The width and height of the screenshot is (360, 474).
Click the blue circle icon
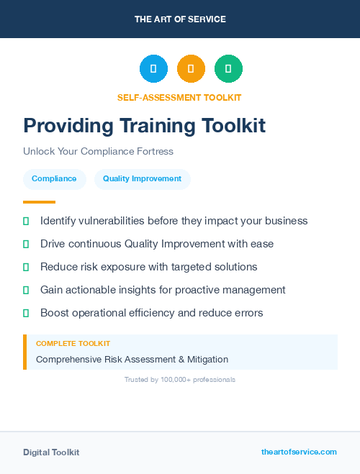153,69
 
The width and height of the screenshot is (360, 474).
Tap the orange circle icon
191,69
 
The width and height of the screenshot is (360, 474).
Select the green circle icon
228,69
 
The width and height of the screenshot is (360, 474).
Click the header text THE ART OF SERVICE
180,19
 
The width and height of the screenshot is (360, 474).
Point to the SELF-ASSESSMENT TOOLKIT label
179,97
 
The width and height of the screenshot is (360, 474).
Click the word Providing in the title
68,126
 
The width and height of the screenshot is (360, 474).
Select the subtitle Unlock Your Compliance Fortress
98,152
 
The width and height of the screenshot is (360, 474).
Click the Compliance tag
54,178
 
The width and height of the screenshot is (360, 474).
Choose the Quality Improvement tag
142,178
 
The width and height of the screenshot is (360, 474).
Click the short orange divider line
39,202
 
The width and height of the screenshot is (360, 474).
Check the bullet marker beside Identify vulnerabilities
26,221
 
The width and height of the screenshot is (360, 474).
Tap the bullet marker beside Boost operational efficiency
26,313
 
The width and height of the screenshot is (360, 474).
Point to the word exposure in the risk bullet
117,267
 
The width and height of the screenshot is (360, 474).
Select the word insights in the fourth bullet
140,290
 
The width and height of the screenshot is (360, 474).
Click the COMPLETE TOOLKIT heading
73,344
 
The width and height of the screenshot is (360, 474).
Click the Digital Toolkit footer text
51,452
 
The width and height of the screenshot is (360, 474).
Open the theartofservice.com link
299,452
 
